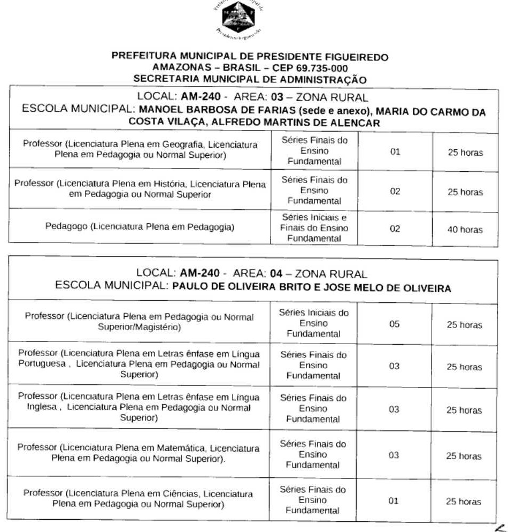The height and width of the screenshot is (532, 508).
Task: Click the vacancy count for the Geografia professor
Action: click(x=395, y=153)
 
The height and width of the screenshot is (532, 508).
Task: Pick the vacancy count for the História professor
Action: click(x=395, y=192)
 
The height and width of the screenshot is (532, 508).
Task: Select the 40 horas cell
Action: click(x=465, y=230)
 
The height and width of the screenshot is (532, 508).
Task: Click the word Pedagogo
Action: click(x=67, y=227)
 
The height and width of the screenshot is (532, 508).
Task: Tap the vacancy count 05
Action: click(x=395, y=324)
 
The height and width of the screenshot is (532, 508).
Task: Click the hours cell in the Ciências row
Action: click(x=464, y=502)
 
